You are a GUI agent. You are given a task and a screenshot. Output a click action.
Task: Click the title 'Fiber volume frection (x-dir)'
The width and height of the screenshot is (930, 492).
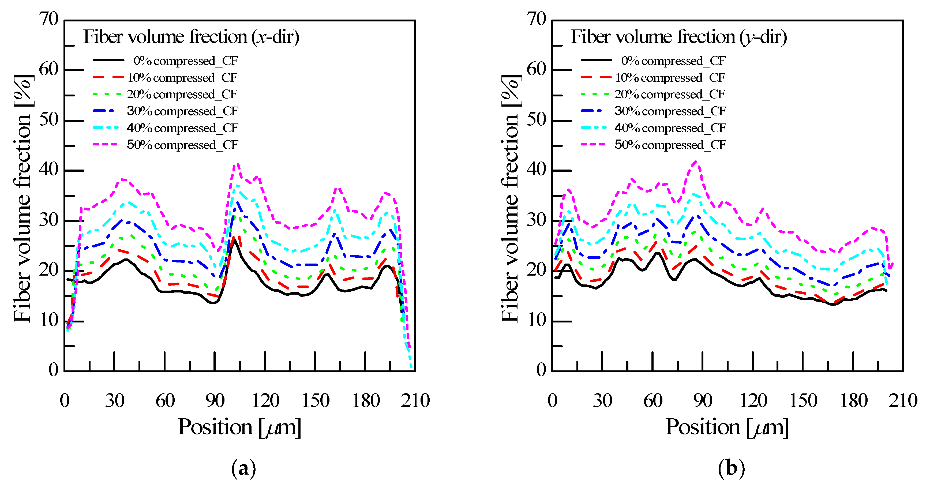pos(191,37)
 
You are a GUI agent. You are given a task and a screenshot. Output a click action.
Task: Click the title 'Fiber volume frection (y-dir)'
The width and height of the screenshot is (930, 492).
pos(679,37)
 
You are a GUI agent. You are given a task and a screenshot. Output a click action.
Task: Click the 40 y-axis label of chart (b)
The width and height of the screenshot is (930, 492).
pos(537,169)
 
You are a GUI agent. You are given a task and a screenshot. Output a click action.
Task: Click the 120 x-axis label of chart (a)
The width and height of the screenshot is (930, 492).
pos(265,401)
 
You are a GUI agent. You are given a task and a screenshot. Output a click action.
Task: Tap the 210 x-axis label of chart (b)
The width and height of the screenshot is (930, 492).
pos(903,401)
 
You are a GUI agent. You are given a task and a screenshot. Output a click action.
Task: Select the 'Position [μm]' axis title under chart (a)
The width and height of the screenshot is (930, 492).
pos(239,427)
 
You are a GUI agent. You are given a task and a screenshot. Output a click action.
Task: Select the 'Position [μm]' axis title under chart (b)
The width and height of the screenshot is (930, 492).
pos(727,427)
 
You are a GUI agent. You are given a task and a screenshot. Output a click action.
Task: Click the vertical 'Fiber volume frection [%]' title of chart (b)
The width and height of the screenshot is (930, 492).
pos(510,198)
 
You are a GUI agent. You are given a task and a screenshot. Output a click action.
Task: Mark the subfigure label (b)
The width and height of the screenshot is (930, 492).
pos(731,468)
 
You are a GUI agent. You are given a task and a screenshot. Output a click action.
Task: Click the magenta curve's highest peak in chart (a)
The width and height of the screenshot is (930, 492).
pos(238,164)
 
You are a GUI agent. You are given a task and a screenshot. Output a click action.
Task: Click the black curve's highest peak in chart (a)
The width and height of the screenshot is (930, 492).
pos(235,240)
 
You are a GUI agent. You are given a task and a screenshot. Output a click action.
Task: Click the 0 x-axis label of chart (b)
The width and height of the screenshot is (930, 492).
pos(552,401)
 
